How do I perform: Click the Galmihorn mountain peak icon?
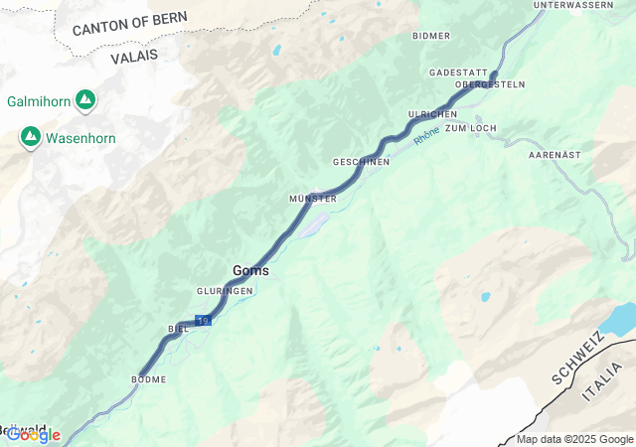(85, 100)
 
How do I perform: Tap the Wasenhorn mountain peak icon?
(30, 138)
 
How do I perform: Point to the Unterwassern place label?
(573, 5)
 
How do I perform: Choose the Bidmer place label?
(431, 36)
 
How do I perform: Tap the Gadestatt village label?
(458, 74)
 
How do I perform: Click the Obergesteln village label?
(489, 84)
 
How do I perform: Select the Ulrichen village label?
(432, 115)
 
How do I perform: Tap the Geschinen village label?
(361, 161)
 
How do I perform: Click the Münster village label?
(313, 199)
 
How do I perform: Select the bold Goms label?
(250, 270)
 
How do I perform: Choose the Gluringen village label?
(224, 290)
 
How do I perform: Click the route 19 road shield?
(203, 321)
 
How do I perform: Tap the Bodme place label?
(148, 379)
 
